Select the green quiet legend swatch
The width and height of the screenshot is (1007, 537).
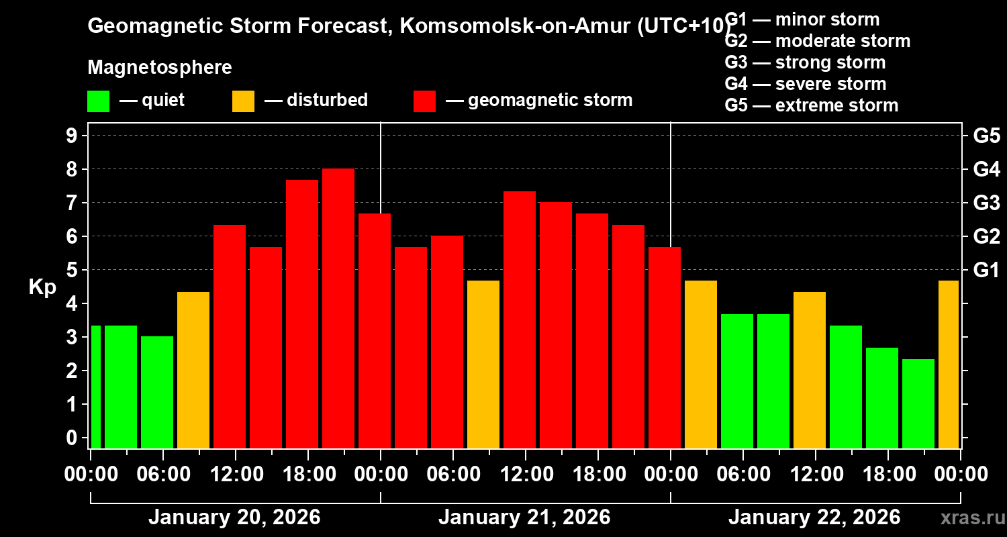click(98, 101)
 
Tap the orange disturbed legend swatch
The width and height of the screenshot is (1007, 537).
click(243, 101)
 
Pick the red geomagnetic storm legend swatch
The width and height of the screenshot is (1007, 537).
click(424, 101)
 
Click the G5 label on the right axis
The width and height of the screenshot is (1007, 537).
click(986, 136)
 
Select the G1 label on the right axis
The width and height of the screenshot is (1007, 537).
click(986, 270)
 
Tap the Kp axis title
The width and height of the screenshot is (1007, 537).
click(42, 287)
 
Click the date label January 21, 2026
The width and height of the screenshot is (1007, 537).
click(524, 518)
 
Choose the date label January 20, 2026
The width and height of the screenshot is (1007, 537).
click(234, 518)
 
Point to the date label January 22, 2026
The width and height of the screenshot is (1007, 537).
click(814, 518)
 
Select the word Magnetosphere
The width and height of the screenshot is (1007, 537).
click(160, 68)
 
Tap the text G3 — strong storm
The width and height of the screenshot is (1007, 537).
click(805, 62)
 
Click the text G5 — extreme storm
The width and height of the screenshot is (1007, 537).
click(811, 105)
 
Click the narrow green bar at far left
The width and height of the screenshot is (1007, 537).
click(95, 386)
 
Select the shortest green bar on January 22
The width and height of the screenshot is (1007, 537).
click(918, 403)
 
